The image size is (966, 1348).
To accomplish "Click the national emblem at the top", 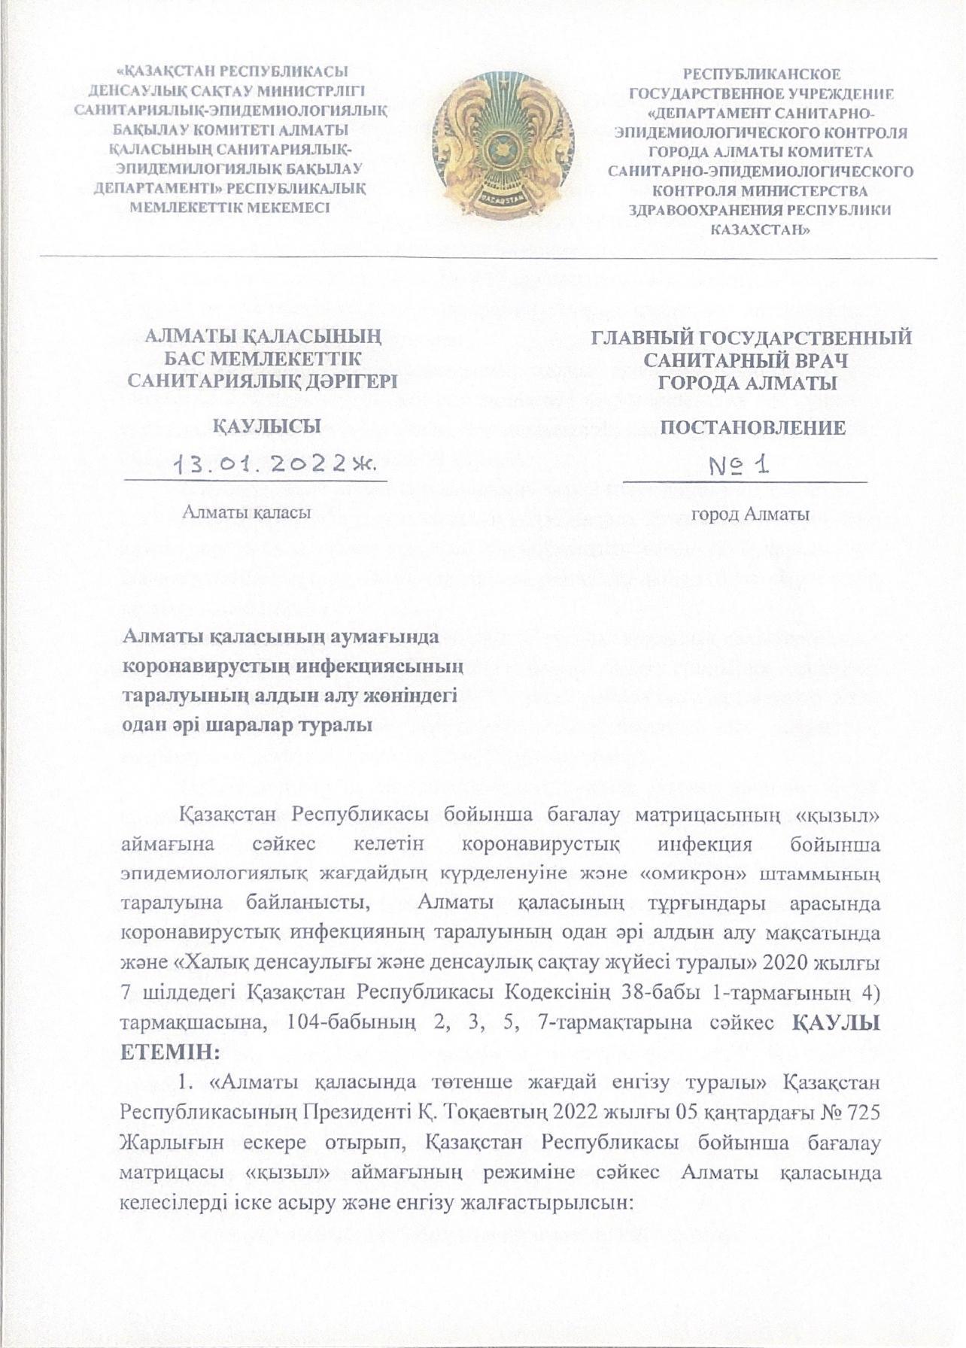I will (496, 143).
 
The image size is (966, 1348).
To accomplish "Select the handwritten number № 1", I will (740, 465).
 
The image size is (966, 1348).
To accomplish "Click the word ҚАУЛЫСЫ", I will (269, 427).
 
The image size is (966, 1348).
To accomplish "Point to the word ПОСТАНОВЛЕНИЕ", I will (752, 428).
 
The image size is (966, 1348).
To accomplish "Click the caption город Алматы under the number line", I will (750, 515).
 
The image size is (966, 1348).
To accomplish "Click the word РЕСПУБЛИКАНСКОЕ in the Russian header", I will (761, 74).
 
